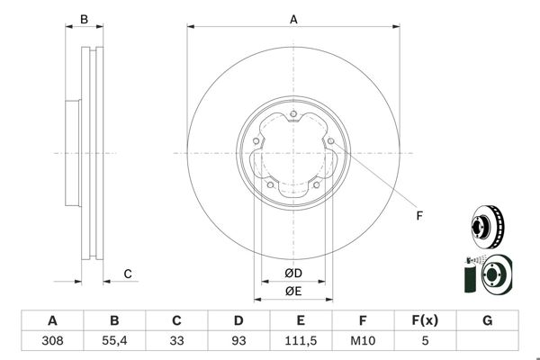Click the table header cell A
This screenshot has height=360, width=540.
(52, 320)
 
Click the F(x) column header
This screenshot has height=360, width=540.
(425, 320)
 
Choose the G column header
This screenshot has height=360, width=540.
(487, 320)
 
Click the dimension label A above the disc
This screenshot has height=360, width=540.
(293, 17)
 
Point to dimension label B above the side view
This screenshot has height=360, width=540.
(84, 18)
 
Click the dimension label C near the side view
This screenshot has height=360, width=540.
(128, 274)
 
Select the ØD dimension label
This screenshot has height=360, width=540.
(293, 273)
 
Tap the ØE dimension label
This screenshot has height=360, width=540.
(293, 291)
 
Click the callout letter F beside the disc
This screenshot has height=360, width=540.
(418, 214)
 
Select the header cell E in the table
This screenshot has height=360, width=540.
(301, 320)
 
